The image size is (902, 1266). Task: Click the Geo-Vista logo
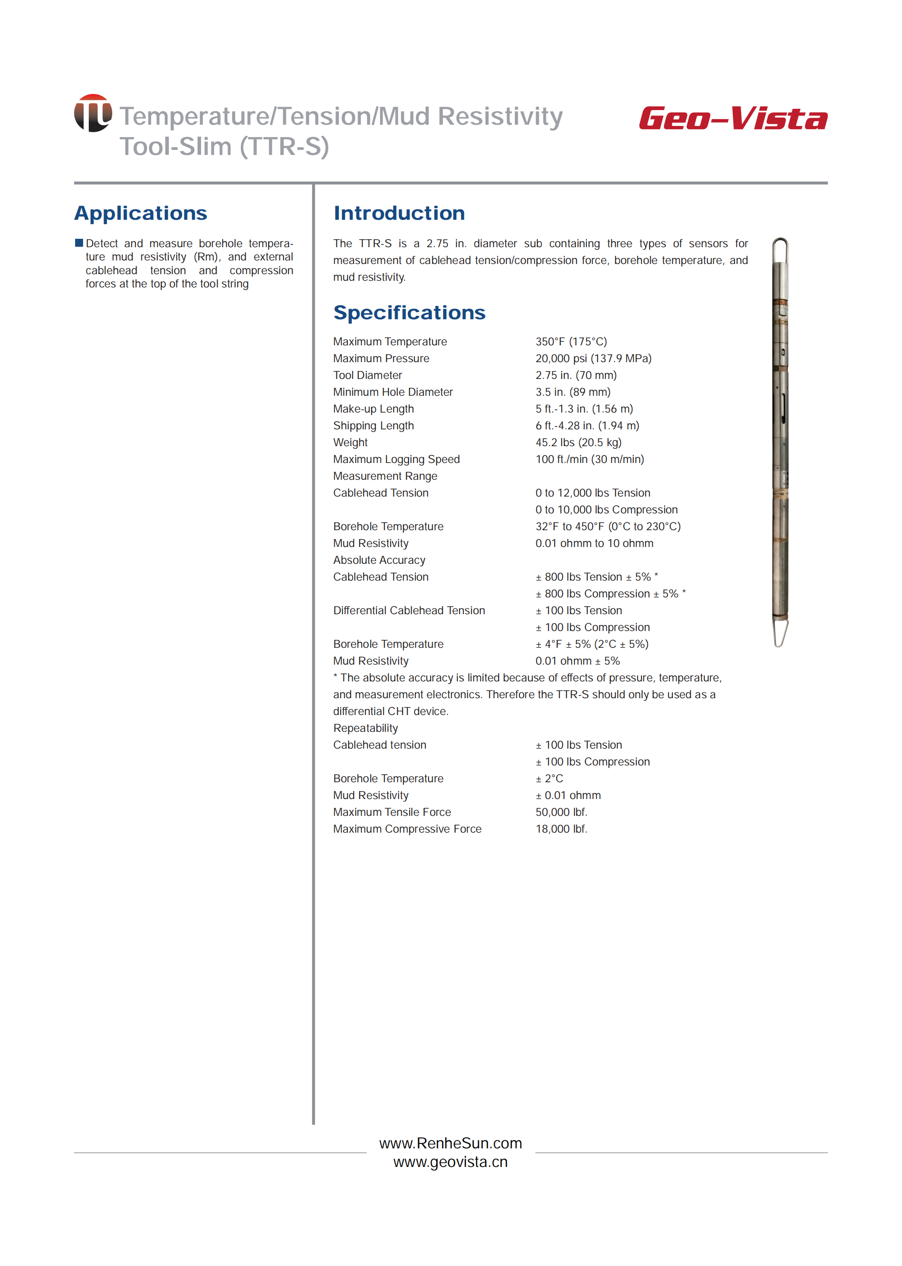pyautogui.click(x=733, y=119)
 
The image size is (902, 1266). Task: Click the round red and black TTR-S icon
pyautogui.click(x=93, y=113)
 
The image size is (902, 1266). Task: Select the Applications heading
pyautogui.click(x=141, y=214)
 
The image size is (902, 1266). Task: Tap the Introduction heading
pyautogui.click(x=399, y=214)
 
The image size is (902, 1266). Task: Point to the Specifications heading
pyautogui.click(x=409, y=313)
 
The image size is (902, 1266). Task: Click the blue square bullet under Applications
pyautogui.click(x=79, y=243)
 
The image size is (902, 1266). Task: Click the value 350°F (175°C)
pyautogui.click(x=571, y=342)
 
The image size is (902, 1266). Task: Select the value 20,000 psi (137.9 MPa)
pyautogui.click(x=593, y=359)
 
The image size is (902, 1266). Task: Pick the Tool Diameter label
pyautogui.click(x=367, y=375)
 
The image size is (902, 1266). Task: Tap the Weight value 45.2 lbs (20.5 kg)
pyautogui.click(x=578, y=442)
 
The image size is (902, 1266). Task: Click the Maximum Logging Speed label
pyautogui.click(x=396, y=459)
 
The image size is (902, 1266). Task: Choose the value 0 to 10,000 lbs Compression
pyautogui.click(x=606, y=509)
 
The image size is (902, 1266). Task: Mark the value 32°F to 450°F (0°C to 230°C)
pyautogui.click(x=608, y=526)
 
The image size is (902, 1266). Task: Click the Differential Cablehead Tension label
pyautogui.click(x=409, y=610)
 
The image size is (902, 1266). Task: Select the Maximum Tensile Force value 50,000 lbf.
pyautogui.click(x=561, y=812)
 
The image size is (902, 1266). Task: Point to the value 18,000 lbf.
pyautogui.click(x=561, y=829)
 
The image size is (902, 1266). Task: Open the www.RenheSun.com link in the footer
pyautogui.click(x=450, y=1143)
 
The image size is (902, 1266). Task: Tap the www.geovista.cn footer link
pyautogui.click(x=450, y=1162)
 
